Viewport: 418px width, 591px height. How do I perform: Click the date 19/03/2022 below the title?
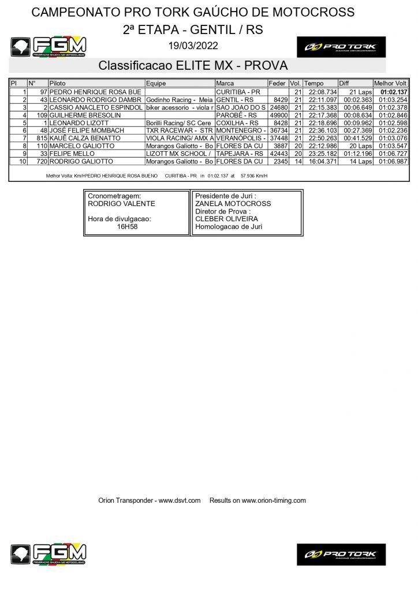click(x=193, y=46)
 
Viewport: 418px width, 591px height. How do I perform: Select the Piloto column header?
click(x=58, y=84)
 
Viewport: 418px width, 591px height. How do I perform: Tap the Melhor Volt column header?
click(x=391, y=84)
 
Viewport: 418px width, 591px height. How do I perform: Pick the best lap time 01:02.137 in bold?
click(x=391, y=92)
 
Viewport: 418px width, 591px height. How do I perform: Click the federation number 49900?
click(x=278, y=115)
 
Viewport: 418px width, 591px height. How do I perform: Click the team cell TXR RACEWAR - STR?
click(x=180, y=131)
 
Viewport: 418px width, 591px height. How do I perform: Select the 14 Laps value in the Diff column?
click(x=361, y=162)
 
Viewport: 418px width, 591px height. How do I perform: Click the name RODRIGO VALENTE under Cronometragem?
click(x=121, y=204)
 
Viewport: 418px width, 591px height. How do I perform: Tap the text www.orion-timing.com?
click(x=274, y=500)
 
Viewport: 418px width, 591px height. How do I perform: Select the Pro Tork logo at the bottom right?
click(x=341, y=554)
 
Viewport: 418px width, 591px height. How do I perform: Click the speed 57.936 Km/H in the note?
click(x=254, y=175)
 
